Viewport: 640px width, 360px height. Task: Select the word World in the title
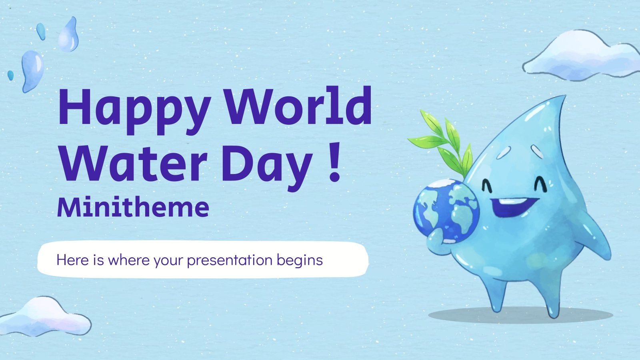click(300, 106)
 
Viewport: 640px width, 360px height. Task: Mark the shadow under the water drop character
click(520, 315)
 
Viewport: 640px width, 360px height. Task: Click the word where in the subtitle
click(118, 260)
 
